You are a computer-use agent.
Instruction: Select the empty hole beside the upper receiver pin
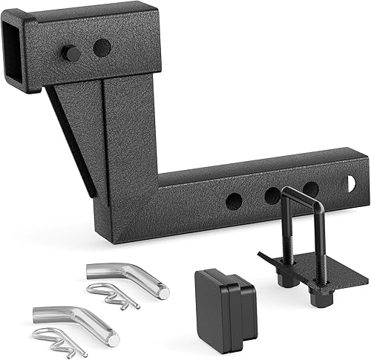[x=102, y=48]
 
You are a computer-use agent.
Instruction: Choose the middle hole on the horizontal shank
[x=272, y=195]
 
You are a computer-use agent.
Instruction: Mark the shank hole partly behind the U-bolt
[x=310, y=189]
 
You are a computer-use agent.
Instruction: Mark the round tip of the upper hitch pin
[x=162, y=292]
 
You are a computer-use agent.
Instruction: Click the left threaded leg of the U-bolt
[x=286, y=238]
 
